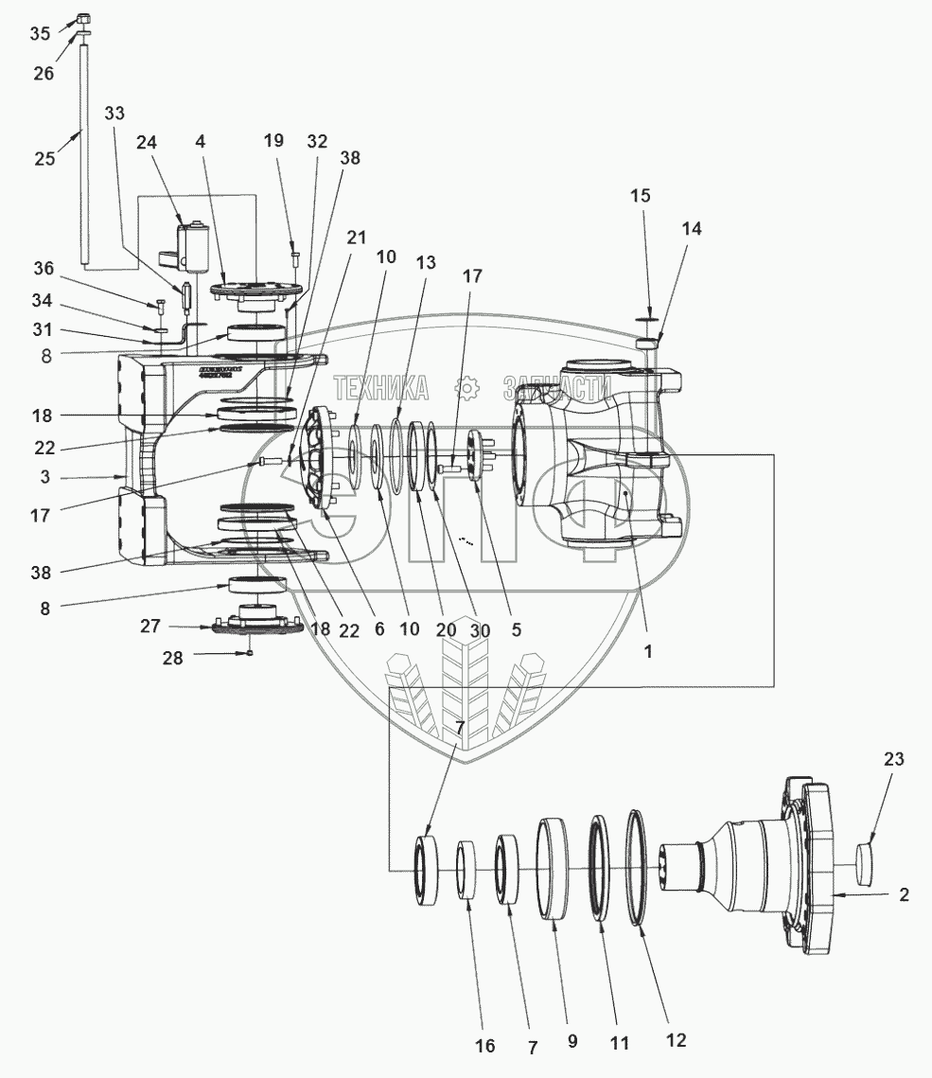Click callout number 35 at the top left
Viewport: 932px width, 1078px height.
coord(40,34)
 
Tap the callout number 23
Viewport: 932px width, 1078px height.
coord(894,759)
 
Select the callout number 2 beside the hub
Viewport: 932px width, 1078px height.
coord(904,894)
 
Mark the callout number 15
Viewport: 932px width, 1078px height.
coord(641,196)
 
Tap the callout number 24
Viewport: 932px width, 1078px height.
coord(146,143)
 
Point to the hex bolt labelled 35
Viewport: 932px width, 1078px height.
coord(82,19)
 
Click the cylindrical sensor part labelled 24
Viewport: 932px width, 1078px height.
coord(195,244)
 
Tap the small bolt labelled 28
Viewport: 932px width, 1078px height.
coord(251,652)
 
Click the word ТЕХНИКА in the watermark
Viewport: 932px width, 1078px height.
coord(380,387)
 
